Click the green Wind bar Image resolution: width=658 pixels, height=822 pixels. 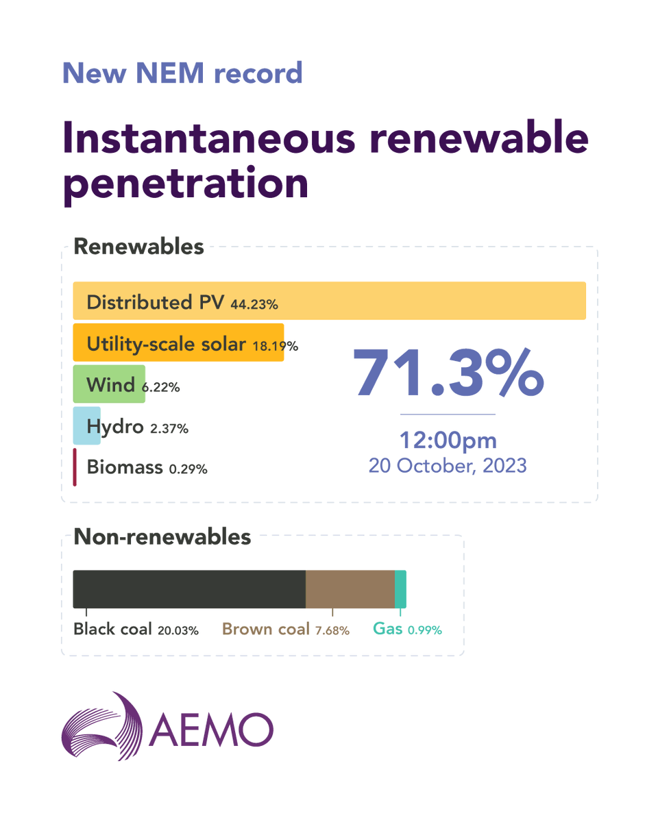[109, 384]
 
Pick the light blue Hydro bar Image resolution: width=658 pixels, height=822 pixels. [86, 426]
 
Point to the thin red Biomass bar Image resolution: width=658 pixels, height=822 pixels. [75, 467]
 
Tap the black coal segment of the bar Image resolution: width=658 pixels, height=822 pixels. [188, 589]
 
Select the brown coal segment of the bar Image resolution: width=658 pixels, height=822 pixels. [350, 589]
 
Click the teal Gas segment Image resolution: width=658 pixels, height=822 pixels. [400, 589]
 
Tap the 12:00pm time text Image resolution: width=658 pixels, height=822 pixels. [448, 440]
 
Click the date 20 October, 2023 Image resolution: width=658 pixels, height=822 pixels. [448, 466]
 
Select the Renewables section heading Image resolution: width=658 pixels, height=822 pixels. [138, 247]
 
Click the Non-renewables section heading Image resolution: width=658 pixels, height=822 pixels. [162, 537]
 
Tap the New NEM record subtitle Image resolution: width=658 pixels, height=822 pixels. [182, 73]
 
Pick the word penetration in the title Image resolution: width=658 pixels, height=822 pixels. [185, 184]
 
